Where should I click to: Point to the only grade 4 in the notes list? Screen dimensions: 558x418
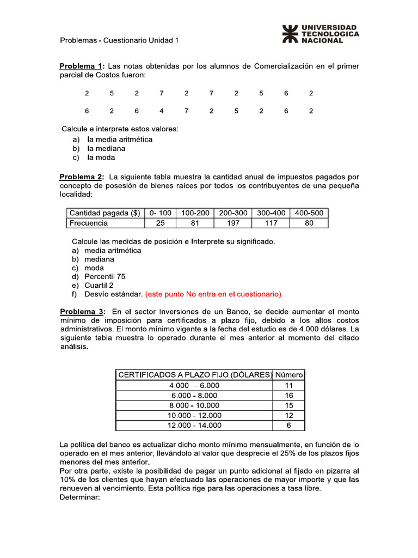coord(162,111)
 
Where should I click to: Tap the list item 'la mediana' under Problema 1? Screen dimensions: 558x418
coord(107,148)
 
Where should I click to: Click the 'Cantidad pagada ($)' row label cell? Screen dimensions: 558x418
coord(104,214)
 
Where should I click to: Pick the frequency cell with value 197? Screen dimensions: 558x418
coord(233,223)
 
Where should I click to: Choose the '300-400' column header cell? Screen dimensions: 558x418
coord(271,214)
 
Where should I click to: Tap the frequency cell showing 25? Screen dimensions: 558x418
coord(160,223)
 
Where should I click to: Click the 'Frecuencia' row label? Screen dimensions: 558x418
coord(88,223)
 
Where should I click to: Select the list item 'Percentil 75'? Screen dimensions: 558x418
coord(104,277)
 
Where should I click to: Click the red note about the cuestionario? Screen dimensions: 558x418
coord(213,294)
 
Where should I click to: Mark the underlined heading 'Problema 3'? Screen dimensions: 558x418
coord(82,312)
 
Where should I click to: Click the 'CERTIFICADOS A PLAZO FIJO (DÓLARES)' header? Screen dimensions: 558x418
coord(194,375)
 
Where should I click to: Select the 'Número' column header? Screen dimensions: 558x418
coord(289,375)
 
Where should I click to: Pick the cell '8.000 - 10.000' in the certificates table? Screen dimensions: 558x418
coord(194,405)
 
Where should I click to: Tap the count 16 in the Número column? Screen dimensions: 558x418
coord(289,396)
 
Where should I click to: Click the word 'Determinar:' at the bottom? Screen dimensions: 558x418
coord(80,497)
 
